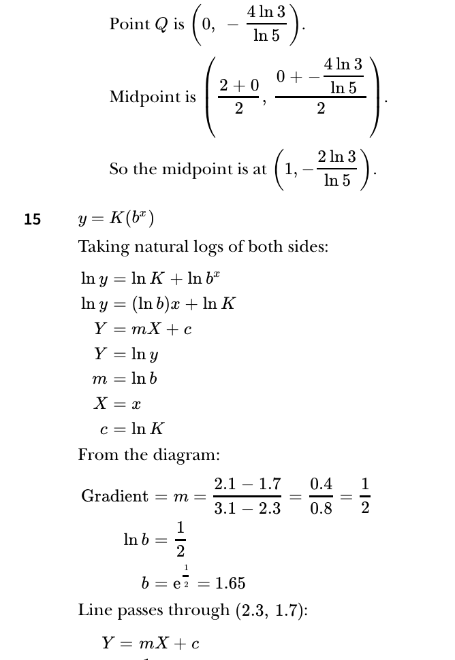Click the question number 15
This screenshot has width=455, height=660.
point(32,219)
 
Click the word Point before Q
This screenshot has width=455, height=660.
point(130,24)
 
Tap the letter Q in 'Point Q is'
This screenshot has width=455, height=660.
point(161,24)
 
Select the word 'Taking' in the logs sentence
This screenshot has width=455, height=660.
point(101,246)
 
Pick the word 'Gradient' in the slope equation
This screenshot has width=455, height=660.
point(114,496)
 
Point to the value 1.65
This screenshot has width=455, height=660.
point(230,583)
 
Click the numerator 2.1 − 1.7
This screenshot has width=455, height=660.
point(247,484)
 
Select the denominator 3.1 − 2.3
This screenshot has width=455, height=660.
point(247,508)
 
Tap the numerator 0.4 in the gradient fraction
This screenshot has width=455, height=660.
point(321,484)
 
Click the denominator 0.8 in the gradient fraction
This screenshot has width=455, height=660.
point(321,508)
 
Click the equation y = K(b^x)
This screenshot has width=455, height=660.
point(116,218)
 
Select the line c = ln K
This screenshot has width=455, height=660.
point(131,429)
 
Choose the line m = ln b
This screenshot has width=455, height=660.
point(125,378)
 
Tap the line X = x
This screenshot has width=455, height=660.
point(117,403)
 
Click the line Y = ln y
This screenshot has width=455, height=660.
point(126,354)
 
